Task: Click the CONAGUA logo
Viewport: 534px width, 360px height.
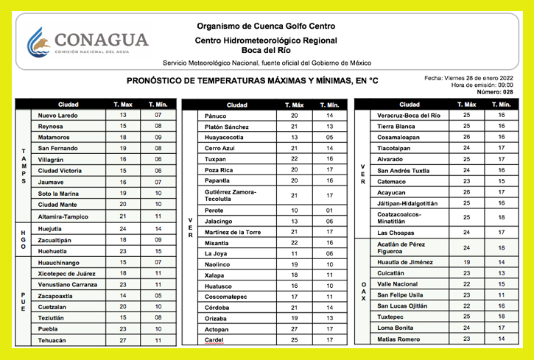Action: tap(87, 43)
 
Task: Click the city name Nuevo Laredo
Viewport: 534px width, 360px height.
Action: tap(57, 116)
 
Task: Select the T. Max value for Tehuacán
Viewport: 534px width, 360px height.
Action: tap(123, 340)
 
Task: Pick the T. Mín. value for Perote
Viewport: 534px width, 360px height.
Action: tap(329, 210)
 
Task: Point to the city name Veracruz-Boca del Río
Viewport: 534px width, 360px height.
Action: tap(408, 116)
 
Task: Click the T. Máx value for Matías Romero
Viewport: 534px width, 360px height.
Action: tap(466, 339)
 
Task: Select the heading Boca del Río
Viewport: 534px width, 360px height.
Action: tap(267, 50)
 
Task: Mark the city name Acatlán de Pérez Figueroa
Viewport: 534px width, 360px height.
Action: tap(401, 248)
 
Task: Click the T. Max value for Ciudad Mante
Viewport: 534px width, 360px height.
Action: tap(123, 204)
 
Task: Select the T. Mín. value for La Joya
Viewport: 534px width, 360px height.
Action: tap(329, 253)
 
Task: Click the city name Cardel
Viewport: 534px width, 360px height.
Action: tap(214, 340)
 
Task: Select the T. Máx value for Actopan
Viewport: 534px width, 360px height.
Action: tap(295, 329)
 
